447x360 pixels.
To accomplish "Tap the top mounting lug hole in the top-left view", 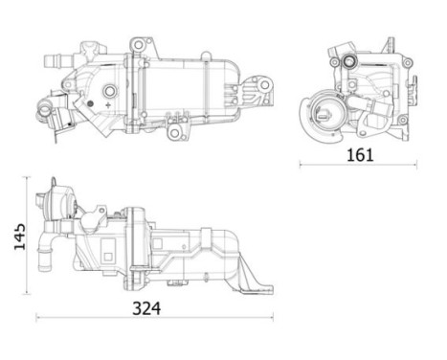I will [x=140, y=45].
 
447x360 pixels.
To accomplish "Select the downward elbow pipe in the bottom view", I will [x=43, y=258].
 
